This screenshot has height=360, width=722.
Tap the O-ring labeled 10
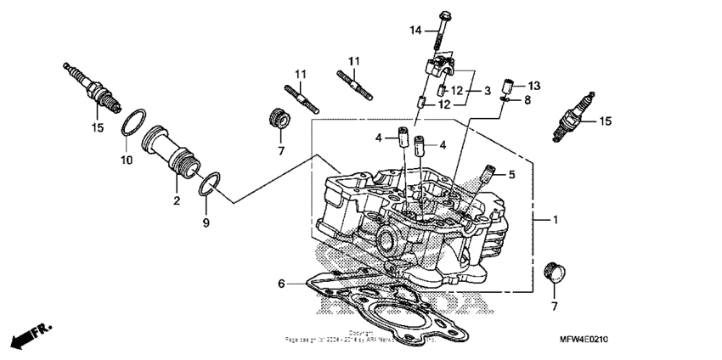tap(132, 121)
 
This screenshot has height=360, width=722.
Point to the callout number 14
tap(415, 31)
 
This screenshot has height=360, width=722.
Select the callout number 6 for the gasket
tap(279, 284)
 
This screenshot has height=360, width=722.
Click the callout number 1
tap(555, 220)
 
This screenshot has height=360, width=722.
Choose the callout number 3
tap(488, 90)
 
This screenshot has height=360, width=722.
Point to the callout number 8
tap(527, 100)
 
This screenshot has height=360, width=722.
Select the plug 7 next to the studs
tap(276, 117)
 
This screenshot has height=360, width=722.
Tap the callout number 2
tap(177, 200)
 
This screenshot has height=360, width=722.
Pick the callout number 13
tap(533, 86)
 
